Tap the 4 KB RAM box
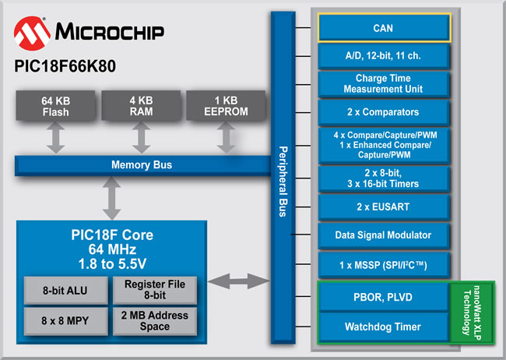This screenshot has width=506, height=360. pos(141,106)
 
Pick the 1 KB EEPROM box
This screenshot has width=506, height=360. pos(226,106)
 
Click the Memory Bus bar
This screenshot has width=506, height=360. pos(142,165)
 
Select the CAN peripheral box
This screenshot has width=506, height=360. pos(383,29)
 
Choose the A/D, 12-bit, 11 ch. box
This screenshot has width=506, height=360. pos(383,56)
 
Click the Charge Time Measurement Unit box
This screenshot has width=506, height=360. pos(383,84)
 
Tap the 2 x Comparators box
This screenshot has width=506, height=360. pos(383,112)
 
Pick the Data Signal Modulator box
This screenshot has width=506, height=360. pos(383,235)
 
